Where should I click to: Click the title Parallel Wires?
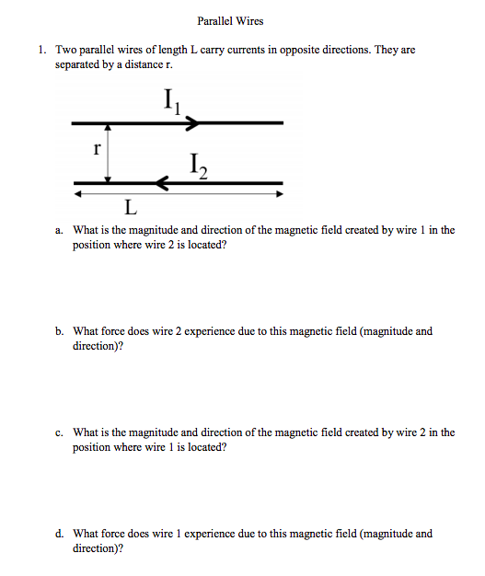point(230,21)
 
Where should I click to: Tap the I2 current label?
point(196,167)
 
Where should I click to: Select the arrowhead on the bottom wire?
point(163,183)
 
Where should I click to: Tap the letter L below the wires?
point(132,204)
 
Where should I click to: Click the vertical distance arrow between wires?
point(110,153)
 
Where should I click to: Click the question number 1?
point(43,50)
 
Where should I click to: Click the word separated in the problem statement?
point(78,65)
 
